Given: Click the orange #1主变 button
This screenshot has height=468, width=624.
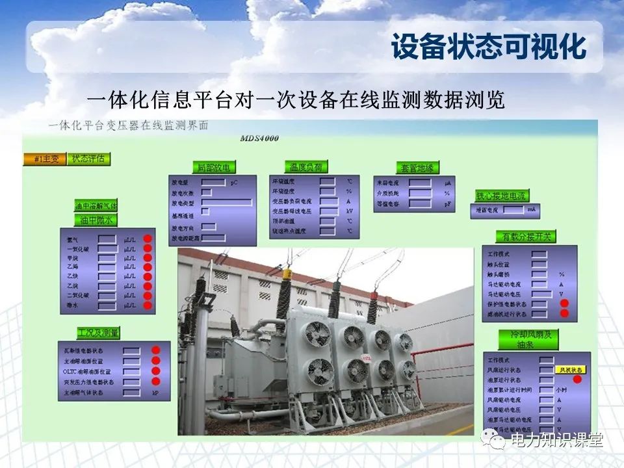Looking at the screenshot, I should coord(45,159).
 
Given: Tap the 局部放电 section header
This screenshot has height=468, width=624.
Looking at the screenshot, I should coord(213,167).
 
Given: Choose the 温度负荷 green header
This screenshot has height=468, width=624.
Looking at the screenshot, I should coord(305,167).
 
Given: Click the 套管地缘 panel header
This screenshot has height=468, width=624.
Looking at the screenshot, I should coord(418,168).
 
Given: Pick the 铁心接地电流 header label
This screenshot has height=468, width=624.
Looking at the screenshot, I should coord(502,195).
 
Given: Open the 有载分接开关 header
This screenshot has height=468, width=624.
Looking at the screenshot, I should coord(526,237).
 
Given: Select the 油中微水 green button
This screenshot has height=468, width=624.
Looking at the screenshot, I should coord(96,220).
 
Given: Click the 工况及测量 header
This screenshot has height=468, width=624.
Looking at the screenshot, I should coord(98,333).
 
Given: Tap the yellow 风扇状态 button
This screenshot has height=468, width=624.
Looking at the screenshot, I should coord(571,369).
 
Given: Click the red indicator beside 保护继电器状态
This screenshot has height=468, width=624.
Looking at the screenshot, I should coord(564,304).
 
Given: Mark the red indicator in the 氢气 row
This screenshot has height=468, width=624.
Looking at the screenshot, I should coord(148,238).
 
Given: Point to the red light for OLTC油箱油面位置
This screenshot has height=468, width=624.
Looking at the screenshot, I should coord(156,371).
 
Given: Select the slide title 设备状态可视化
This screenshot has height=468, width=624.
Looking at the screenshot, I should coord(488,47).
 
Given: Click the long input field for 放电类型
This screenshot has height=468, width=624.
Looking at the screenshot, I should coord(226,203).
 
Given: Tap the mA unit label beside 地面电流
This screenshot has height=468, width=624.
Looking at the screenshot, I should coord(532,210).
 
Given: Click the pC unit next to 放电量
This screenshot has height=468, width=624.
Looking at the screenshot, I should coord(234,183).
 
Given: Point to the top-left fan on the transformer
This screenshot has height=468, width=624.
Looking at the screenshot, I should coord(318,333).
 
